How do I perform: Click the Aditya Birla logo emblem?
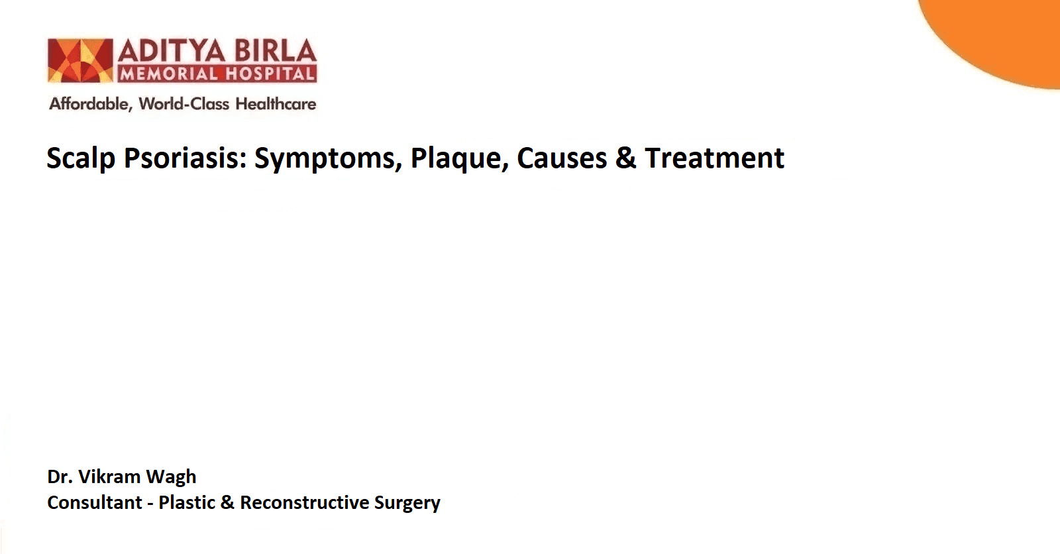[80, 60]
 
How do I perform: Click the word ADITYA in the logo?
[172, 50]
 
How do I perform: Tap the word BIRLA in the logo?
[276, 50]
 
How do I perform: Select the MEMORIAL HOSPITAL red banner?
[217, 74]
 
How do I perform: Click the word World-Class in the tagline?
[184, 103]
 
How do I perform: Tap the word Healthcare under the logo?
[276, 103]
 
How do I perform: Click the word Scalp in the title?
[81, 158]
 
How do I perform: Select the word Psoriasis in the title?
[185, 158]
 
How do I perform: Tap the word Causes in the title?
[562, 158]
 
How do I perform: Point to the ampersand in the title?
[625, 158]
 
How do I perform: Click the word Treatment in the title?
[715, 158]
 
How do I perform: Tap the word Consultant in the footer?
[95, 502]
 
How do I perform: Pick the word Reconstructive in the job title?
[304, 502]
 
